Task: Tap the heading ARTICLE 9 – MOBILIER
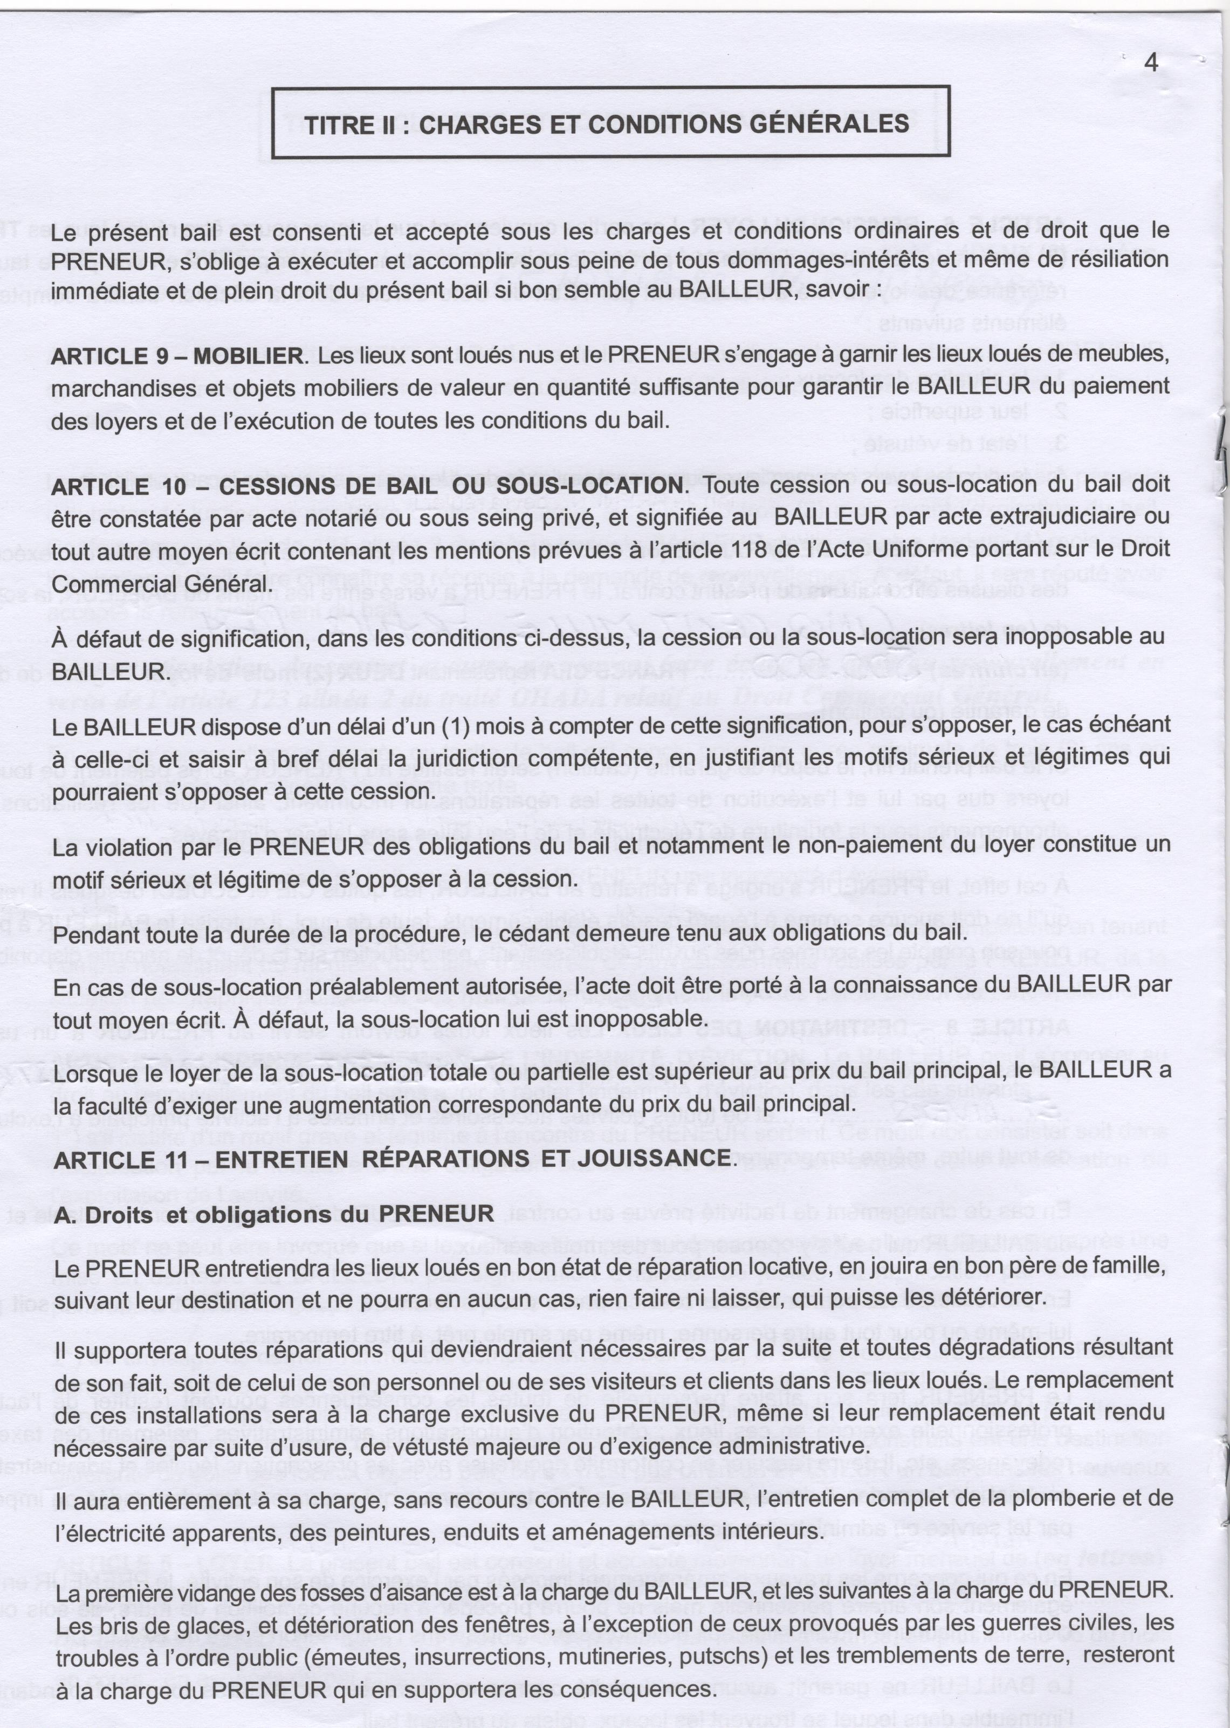176,355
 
